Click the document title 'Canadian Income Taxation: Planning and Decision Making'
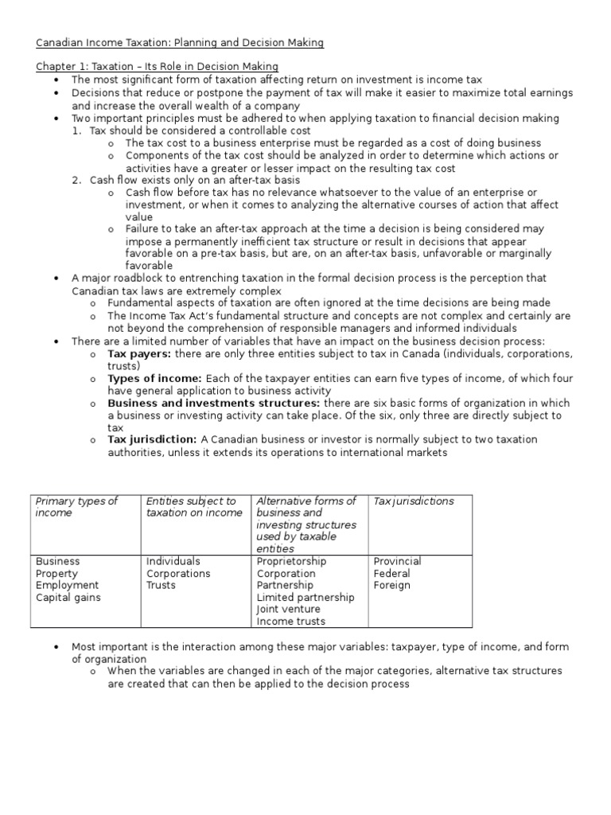(x=180, y=43)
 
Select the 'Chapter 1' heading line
(x=158, y=66)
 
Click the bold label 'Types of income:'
(x=154, y=379)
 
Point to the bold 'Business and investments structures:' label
(x=213, y=404)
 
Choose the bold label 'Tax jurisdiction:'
(x=152, y=439)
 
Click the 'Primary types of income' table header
(x=76, y=507)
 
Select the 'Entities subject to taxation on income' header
(x=193, y=507)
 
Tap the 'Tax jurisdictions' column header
(x=414, y=501)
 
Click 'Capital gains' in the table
(x=68, y=598)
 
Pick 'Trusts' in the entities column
(x=162, y=586)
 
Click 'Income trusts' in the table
(x=290, y=622)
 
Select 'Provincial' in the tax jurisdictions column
(x=397, y=561)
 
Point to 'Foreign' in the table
(x=391, y=586)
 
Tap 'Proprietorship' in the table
(x=291, y=561)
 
